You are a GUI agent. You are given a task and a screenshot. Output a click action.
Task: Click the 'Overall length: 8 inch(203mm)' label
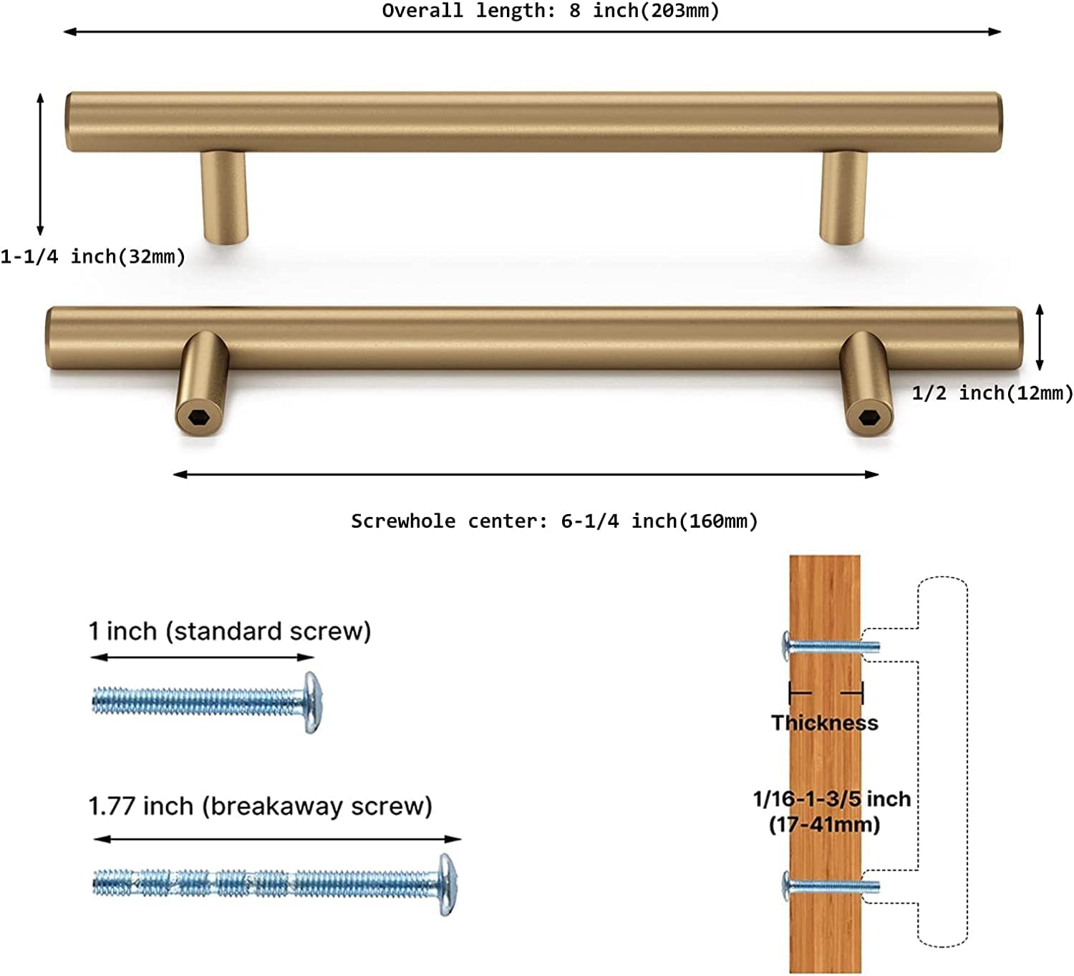pyautogui.click(x=551, y=11)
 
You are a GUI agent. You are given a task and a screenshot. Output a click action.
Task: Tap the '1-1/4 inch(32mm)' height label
pyautogui.click(x=92, y=256)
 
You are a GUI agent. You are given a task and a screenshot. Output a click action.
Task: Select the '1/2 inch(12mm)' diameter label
pyautogui.click(x=992, y=393)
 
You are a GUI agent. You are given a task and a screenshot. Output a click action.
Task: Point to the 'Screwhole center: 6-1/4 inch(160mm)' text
pyautogui.click(x=554, y=521)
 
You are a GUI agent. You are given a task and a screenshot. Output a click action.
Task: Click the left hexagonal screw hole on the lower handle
pyautogui.click(x=198, y=417)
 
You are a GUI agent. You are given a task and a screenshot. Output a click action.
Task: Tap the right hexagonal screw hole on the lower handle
pyautogui.click(x=868, y=418)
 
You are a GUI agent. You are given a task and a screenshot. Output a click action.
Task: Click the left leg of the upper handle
pyautogui.click(x=225, y=197)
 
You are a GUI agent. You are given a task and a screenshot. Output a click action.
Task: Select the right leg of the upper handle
pyautogui.click(x=843, y=197)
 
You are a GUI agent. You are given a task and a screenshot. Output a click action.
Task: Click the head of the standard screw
pyautogui.click(x=312, y=702)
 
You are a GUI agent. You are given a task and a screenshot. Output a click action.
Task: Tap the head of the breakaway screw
pyautogui.click(x=447, y=884)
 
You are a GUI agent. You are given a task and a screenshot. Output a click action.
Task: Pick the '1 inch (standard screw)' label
pyautogui.click(x=230, y=631)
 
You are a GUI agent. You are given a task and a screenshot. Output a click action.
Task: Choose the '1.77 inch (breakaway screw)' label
pyautogui.click(x=260, y=807)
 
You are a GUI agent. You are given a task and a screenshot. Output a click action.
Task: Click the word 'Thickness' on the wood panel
pyautogui.click(x=825, y=723)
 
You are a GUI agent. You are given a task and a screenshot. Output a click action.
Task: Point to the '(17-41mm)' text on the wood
pyautogui.click(x=825, y=824)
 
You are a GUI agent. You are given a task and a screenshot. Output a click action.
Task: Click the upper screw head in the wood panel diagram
pyautogui.click(x=786, y=646)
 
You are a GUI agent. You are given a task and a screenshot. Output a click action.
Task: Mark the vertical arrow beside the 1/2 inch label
pyautogui.click(x=1040, y=337)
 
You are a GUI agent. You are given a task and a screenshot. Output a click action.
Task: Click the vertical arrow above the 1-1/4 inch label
pyautogui.click(x=40, y=164)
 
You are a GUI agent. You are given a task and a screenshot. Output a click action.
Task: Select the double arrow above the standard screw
pyautogui.click(x=203, y=657)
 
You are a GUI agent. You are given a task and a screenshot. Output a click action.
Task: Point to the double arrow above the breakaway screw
pyautogui.click(x=277, y=839)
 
